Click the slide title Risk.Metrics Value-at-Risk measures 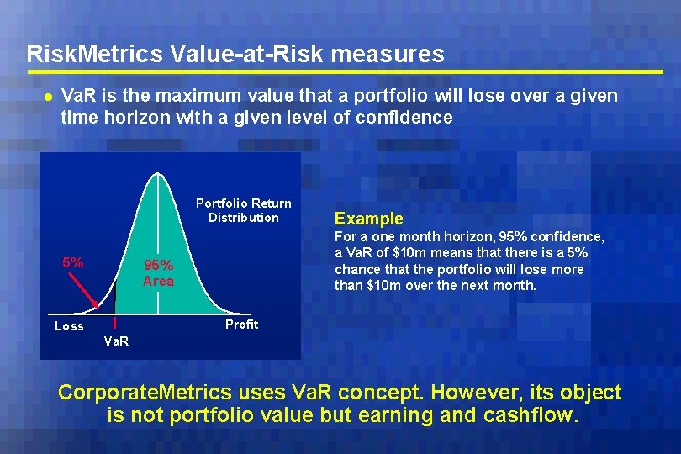[x=235, y=55]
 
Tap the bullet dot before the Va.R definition [x=48, y=97]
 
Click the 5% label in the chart [x=73, y=262]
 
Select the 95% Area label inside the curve [x=158, y=273]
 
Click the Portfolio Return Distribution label [x=244, y=210]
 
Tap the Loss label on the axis [x=69, y=326]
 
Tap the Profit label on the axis [x=241, y=325]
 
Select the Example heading [x=369, y=219]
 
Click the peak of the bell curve [x=155, y=176]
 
